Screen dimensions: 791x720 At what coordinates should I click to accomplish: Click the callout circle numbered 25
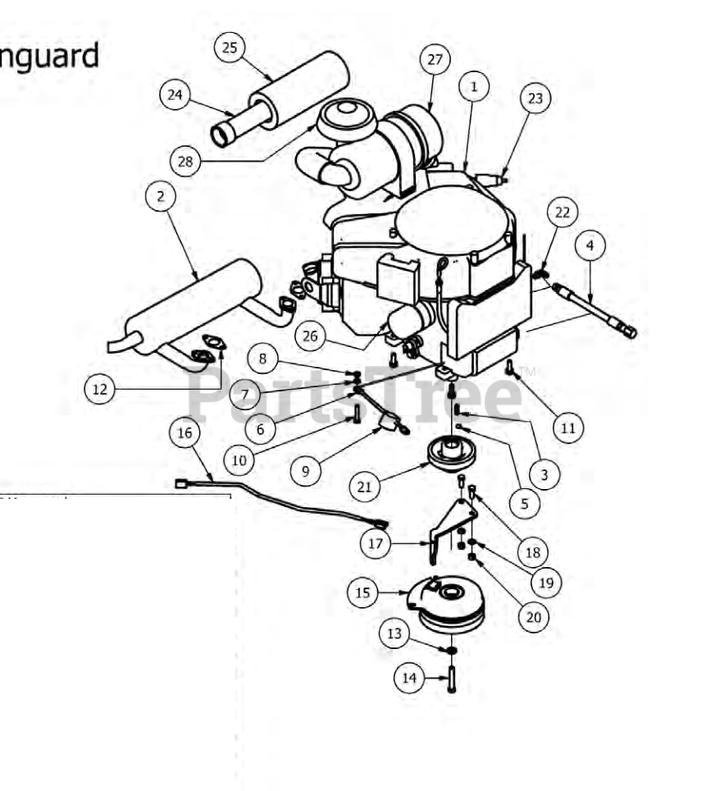(230, 48)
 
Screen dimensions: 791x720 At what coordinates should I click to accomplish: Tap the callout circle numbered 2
(161, 196)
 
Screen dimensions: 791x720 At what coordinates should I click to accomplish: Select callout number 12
(99, 389)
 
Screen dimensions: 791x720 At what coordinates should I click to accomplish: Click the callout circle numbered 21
(365, 487)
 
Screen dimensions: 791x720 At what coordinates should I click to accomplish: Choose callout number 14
(409, 678)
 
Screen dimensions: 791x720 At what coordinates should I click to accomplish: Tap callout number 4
(590, 245)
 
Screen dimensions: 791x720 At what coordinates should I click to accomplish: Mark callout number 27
(435, 60)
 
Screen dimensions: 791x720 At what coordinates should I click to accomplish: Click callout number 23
(535, 98)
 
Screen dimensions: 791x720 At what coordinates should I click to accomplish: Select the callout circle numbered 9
(306, 471)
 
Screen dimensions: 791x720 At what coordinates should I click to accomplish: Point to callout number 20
(533, 617)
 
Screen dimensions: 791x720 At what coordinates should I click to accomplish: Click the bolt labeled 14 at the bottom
(452, 680)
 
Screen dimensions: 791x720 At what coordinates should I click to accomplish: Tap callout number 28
(185, 162)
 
